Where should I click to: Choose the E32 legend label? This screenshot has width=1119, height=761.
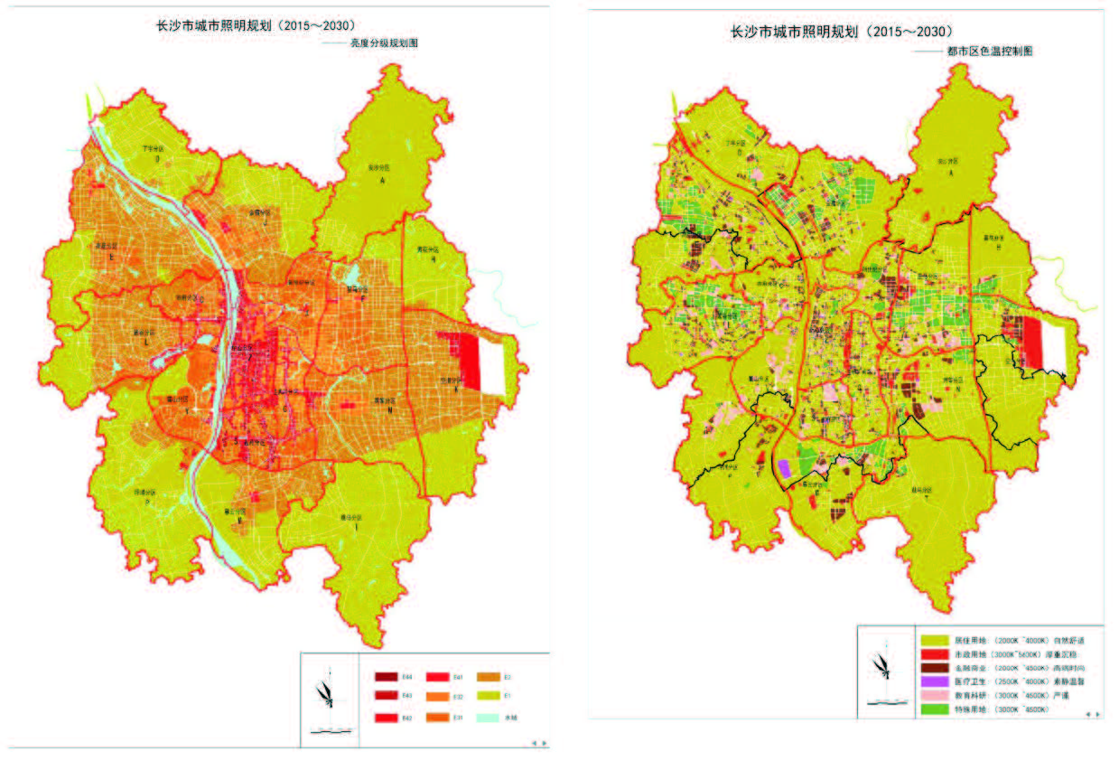point(458,697)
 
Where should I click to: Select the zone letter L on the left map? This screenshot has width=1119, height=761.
point(141,344)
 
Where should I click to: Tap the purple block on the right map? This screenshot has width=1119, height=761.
point(783,468)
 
